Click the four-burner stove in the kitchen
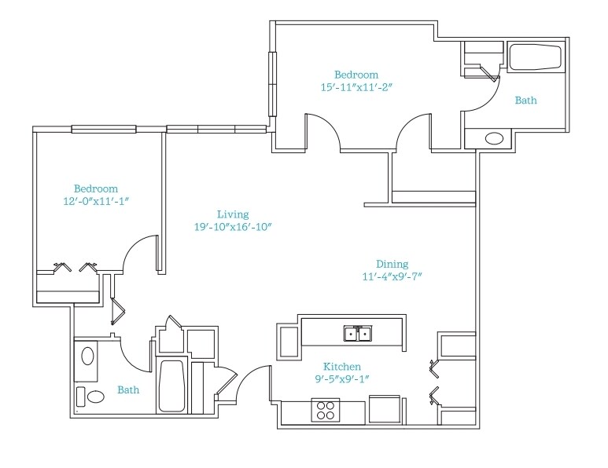tap(326, 411)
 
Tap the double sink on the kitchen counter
tap(358, 333)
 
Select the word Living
tap(233, 214)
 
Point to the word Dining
tap(392, 264)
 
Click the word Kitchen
tap(342, 366)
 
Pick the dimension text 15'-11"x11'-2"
tap(357, 87)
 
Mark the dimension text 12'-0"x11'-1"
tap(96, 201)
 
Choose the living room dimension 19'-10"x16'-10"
tap(232, 227)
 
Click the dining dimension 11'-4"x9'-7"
tap(392, 276)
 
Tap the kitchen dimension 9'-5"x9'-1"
tap(341, 378)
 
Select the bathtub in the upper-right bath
tap(535, 57)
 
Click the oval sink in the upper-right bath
tap(495, 138)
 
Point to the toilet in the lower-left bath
tap(91, 397)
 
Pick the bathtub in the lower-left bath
tap(171, 386)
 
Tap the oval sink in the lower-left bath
tap(87, 356)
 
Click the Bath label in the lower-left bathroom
tap(128, 389)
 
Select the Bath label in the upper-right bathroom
tap(525, 101)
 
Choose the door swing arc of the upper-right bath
tap(490, 100)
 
